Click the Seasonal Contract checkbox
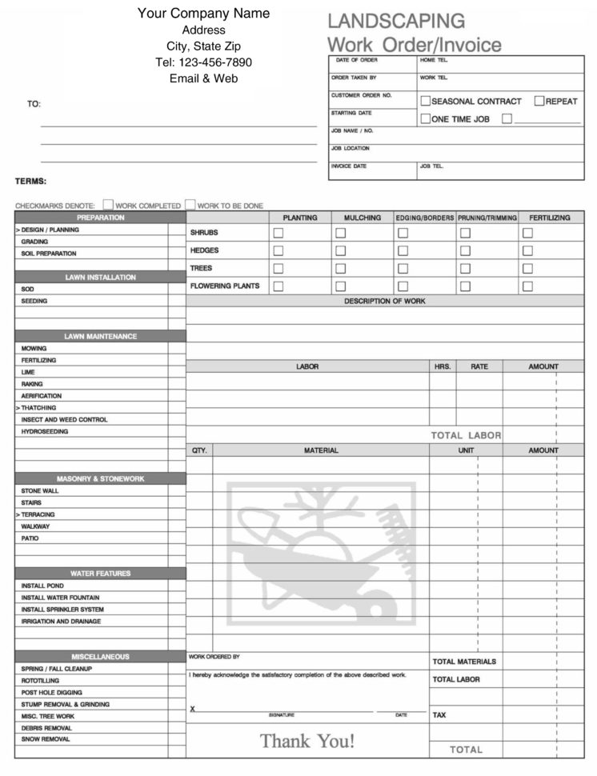pos(426,101)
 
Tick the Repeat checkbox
pos(539,101)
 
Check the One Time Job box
pos(426,118)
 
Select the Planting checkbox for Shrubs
pos(278,233)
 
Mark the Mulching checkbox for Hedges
pos(340,250)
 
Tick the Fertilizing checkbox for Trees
pos(527,268)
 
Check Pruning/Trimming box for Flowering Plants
pos(465,286)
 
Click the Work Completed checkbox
pos(108,205)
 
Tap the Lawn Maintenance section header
pos(100,336)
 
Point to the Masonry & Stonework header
pos(100,478)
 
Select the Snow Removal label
pos(46,739)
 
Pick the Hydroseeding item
pos(45,431)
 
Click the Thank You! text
pos(307,741)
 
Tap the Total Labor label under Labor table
pos(466,435)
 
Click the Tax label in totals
pos(439,714)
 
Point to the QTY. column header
pos(199,450)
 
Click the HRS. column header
pos(443,366)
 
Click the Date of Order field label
pos(357,60)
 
